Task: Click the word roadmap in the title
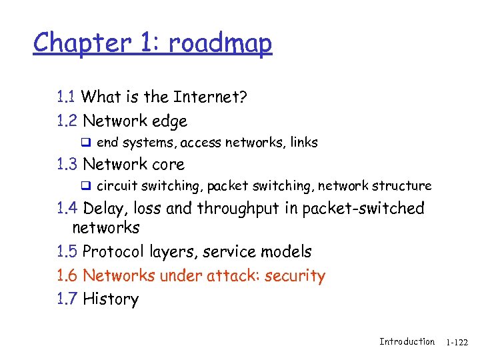click(220, 43)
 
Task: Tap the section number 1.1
click(66, 97)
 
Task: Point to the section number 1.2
click(67, 121)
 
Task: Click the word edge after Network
click(170, 122)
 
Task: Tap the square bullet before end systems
click(85, 142)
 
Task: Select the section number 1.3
click(67, 164)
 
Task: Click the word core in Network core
click(169, 164)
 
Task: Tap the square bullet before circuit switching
click(85, 186)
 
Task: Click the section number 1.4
click(67, 209)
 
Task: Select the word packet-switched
click(363, 209)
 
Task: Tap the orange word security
click(295, 276)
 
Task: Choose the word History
click(111, 299)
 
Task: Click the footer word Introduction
click(407, 342)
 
